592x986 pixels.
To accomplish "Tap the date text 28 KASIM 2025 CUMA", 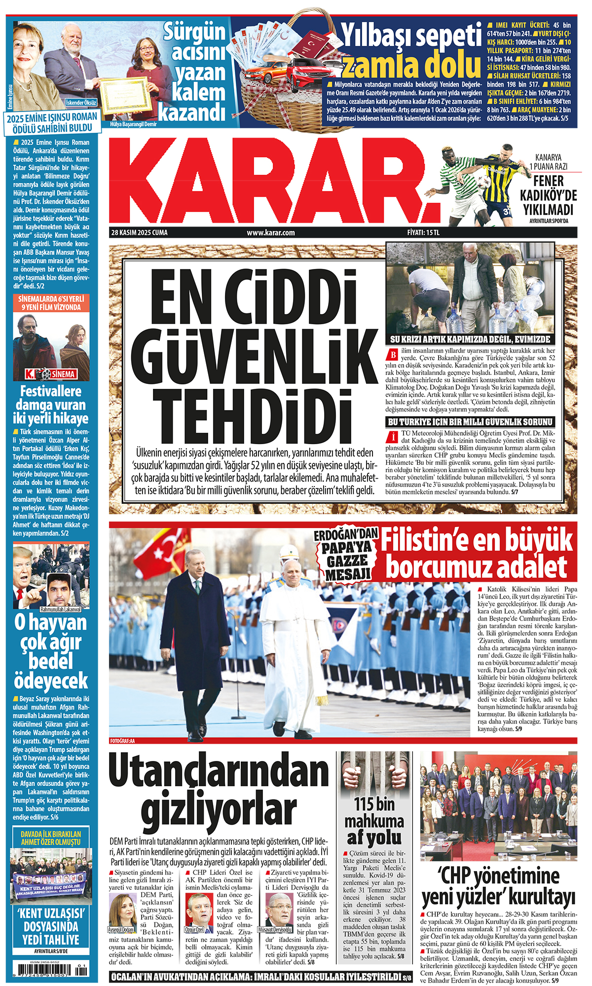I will [x=139, y=232].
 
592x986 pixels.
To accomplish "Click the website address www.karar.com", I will [x=271, y=232].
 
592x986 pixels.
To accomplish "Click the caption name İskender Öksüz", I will [x=81, y=103].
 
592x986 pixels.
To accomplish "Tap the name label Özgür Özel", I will [x=194, y=930].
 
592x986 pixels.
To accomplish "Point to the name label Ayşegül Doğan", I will [x=121, y=930].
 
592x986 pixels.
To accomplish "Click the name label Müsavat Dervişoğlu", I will [x=275, y=930].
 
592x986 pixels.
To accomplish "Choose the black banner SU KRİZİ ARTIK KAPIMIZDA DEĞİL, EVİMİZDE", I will [x=470, y=340].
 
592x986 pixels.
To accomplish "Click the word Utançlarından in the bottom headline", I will [x=218, y=772].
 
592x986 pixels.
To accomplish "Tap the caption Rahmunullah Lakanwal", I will [x=60, y=609].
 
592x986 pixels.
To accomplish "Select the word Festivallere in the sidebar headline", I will [x=51, y=391].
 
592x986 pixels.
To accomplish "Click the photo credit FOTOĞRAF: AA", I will [x=122, y=740].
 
